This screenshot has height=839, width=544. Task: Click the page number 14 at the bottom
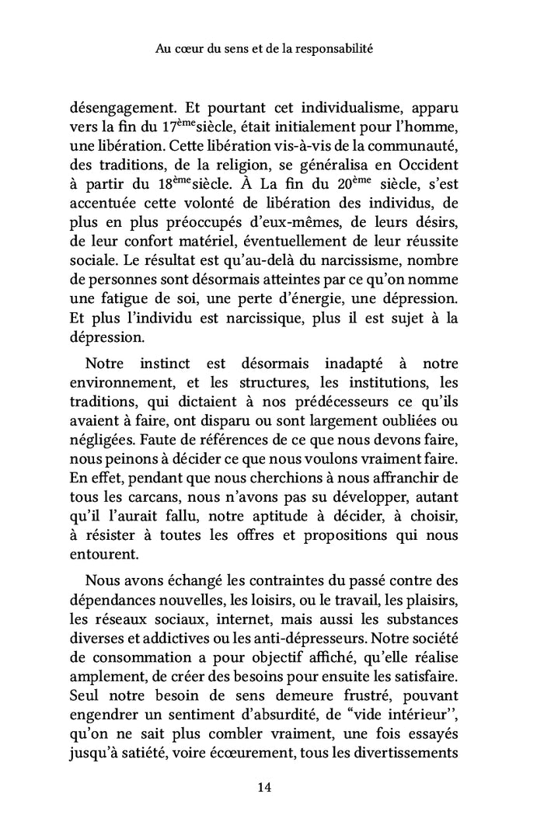[263, 786]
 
